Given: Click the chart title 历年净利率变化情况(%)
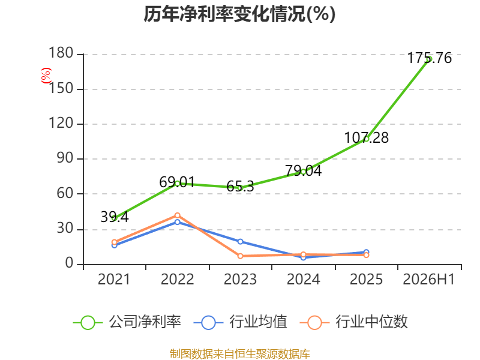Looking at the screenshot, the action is tap(239, 14).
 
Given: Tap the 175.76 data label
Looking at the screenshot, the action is tap(429, 58).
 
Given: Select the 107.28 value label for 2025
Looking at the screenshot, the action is tap(367, 138).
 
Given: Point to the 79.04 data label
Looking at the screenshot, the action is tap(304, 171).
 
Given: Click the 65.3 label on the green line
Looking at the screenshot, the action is tap(241, 187).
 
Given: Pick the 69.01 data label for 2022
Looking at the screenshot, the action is tap(177, 182).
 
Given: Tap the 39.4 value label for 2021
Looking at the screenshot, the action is tap(115, 217).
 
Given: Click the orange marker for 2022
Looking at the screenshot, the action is tap(177, 215).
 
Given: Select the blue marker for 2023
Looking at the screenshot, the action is tap(241, 242).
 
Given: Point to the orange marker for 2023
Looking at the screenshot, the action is tap(241, 256).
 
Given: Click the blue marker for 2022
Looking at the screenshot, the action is tap(177, 222).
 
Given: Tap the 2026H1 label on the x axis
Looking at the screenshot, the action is tap(429, 280).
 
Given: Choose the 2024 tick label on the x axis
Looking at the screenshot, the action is tap(304, 280).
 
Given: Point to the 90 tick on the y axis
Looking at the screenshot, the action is tap(65, 158).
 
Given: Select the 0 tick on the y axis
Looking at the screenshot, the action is tap(70, 263).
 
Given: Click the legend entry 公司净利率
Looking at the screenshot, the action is tap(127, 322).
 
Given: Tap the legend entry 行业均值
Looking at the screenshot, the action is tap(241, 322).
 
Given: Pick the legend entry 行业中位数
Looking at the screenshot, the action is tap(353, 322).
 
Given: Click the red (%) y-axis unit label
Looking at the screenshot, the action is tap(46, 76).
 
